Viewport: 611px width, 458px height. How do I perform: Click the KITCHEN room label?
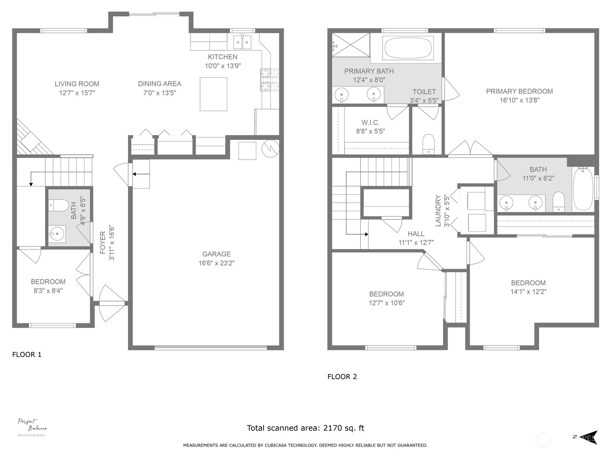(222, 57)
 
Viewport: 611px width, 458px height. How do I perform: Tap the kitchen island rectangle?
(213, 94)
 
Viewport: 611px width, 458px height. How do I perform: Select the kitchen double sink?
(242, 42)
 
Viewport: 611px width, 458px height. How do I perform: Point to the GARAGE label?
(216, 254)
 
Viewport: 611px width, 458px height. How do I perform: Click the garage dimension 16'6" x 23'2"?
(216, 263)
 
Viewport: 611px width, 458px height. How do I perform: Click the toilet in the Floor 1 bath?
(59, 205)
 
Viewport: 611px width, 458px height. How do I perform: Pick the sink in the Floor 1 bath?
(57, 234)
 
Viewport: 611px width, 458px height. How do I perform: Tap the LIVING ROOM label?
(77, 84)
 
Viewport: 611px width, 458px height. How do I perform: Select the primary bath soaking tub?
(408, 48)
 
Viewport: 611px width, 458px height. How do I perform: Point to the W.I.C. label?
(370, 123)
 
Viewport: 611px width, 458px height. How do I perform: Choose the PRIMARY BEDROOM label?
(519, 91)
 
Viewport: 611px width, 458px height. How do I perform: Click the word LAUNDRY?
(438, 211)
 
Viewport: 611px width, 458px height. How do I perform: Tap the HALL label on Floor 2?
(416, 234)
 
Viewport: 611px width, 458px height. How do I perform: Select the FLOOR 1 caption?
(27, 354)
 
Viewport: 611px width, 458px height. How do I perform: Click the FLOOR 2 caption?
(342, 377)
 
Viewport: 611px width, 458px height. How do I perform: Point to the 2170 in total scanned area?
(332, 428)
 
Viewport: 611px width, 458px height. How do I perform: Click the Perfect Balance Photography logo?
(32, 427)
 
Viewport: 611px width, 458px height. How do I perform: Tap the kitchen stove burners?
(270, 80)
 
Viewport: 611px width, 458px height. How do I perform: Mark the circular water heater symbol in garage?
(271, 148)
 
